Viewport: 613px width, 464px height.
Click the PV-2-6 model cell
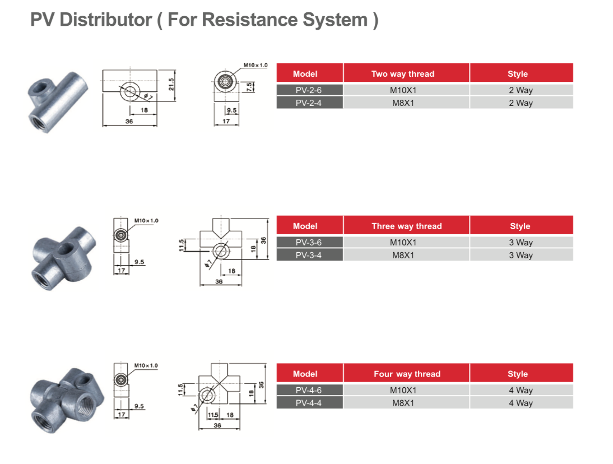coord(309,90)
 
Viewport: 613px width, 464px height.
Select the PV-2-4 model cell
coord(309,103)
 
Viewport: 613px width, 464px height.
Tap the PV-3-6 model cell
coord(309,242)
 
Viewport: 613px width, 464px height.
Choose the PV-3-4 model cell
coord(309,256)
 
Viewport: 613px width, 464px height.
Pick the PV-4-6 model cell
coord(309,390)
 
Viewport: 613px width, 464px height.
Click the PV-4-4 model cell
coord(309,403)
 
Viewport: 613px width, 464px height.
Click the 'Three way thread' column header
coord(406,225)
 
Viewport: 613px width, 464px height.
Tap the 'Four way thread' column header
coord(406,373)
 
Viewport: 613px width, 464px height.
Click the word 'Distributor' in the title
coord(105,20)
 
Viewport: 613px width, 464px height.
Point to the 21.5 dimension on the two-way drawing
coord(171,85)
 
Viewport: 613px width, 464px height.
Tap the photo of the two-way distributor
coord(58,101)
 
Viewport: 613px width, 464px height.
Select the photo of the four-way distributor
coord(67,400)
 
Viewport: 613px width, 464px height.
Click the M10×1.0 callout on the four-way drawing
coord(146,365)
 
